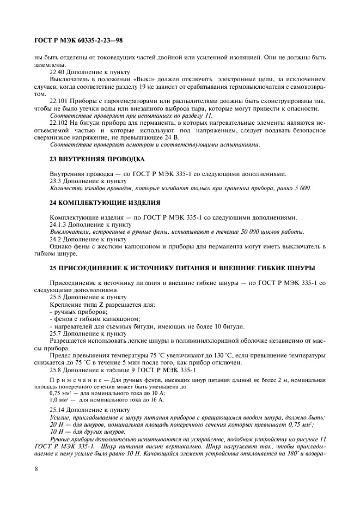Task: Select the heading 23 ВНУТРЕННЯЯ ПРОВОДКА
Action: click(88, 159)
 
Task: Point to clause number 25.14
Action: click(58, 409)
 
